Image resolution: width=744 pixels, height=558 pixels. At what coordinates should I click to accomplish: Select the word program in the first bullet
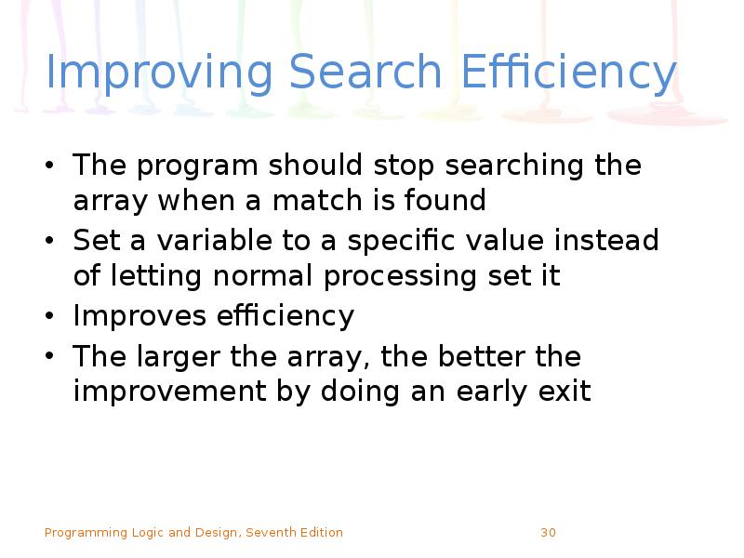pyautogui.click(x=197, y=167)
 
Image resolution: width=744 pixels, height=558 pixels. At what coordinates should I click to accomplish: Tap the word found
pyautogui.click(x=453, y=200)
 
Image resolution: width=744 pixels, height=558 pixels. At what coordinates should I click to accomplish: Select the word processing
pyautogui.click(x=409, y=277)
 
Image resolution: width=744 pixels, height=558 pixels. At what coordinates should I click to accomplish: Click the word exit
pyautogui.click(x=564, y=392)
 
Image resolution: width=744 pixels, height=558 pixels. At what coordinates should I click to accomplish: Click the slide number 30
pyautogui.click(x=548, y=533)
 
